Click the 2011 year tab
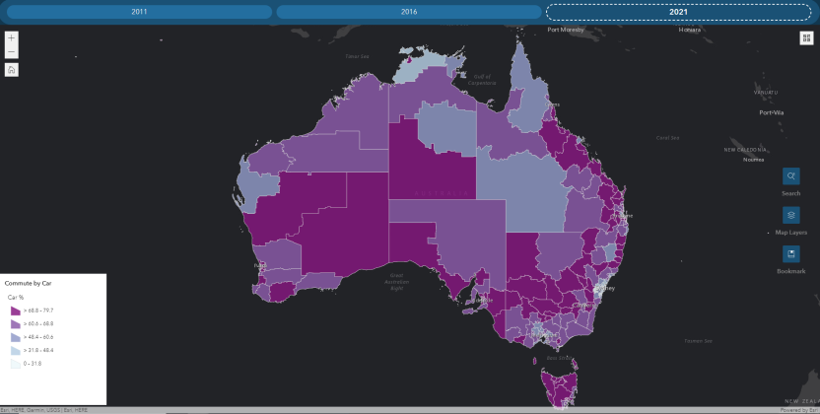pos(139,12)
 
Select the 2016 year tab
pos(408,12)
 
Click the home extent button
pos(11,70)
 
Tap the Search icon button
pos(790,176)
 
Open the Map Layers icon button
pos(790,215)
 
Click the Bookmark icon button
pos(790,253)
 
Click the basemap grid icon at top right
pos(806,37)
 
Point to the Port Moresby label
pos(568,31)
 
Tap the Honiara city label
pos(690,31)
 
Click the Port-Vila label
pos(771,112)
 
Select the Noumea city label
pos(754,159)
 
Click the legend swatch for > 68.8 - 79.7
pos(15,310)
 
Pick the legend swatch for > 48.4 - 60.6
pos(15,337)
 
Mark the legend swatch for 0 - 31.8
pos(15,364)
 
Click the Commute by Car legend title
pos(27,283)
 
